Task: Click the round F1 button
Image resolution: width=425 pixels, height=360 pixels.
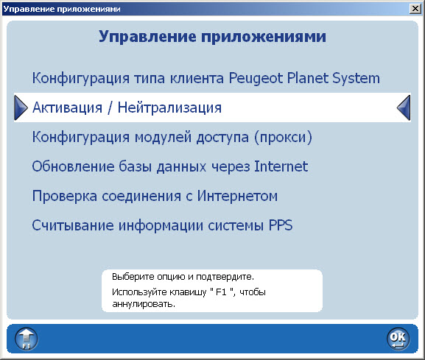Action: [27, 338]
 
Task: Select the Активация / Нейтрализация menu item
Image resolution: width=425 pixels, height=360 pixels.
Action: [127, 107]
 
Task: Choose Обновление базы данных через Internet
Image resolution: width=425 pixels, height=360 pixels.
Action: [169, 166]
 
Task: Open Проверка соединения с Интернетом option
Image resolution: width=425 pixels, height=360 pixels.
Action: [154, 196]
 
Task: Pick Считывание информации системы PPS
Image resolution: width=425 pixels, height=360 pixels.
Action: [162, 225]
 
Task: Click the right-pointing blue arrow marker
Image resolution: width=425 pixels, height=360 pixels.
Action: [20, 107]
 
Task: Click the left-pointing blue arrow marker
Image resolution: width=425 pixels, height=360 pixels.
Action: [404, 107]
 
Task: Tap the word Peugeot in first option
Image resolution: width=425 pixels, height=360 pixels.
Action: [261, 78]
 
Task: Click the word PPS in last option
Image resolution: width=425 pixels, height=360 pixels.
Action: [278, 225]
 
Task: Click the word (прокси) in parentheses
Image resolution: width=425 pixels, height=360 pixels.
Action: [285, 137]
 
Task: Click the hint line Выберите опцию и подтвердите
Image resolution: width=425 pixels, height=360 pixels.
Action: [183, 278]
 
